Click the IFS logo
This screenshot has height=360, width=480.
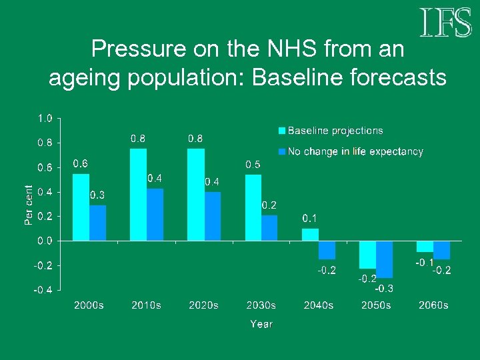pos(446,23)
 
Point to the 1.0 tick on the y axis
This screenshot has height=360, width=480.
pos(45,119)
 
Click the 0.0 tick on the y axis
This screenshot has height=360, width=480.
pos(45,241)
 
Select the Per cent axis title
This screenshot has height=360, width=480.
pos(29,205)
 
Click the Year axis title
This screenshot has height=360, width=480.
pos(261,324)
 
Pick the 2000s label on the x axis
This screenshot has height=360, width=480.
pos(89,305)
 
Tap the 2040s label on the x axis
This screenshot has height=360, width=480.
pos(319,305)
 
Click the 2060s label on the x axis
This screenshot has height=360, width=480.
pos(433,305)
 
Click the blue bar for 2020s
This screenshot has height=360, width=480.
pos(213,216)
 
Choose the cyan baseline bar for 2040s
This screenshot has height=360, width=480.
pos(310,235)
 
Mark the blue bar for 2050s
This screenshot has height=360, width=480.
pos(385,259)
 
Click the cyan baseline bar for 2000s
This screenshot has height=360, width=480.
pos(81,207)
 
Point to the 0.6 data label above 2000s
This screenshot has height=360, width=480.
pos(80,163)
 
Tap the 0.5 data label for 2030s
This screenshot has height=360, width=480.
pos(253,164)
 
